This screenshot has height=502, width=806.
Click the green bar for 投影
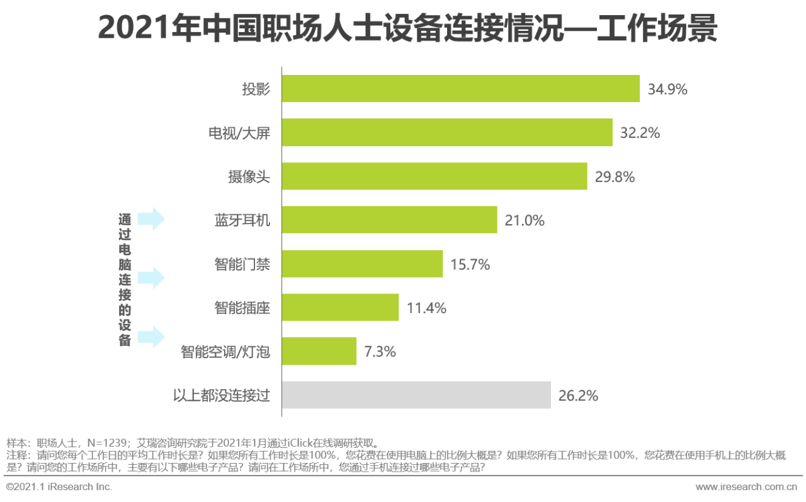click(460, 89)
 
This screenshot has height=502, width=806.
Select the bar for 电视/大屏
click(447, 132)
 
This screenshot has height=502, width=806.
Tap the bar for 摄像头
click(434, 176)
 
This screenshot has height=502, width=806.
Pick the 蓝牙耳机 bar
click(389, 220)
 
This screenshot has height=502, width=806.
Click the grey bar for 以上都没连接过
click(416, 395)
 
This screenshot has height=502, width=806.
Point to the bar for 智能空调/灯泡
click(319, 351)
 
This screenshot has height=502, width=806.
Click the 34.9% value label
click(667, 89)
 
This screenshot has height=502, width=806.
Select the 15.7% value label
click(470, 265)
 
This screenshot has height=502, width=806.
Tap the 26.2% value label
click(578, 396)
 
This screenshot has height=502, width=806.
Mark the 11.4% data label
click(426, 308)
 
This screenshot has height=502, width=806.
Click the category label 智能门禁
click(242, 265)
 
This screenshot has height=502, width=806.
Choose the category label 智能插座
click(242, 308)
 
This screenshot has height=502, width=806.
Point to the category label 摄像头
click(249, 177)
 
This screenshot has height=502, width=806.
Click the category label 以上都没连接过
click(221, 396)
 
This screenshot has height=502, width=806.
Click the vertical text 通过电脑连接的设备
click(125, 280)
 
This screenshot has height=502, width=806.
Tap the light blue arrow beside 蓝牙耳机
click(150, 219)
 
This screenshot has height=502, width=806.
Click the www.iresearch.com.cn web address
click(746, 487)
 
